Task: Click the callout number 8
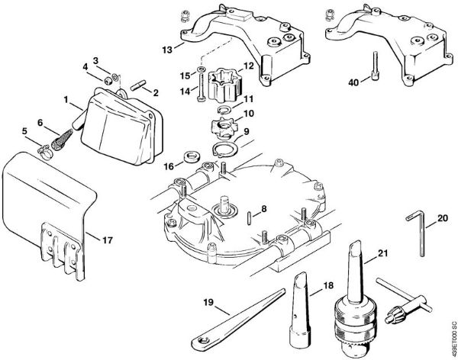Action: (263, 209)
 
